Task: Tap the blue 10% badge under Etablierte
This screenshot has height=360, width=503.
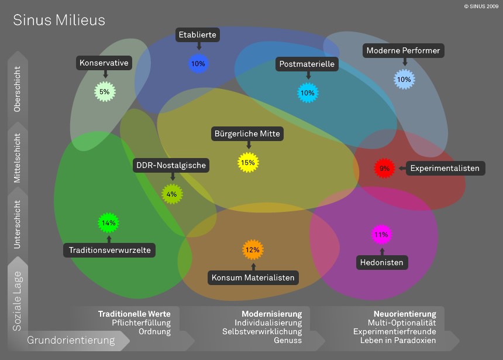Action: [198, 63]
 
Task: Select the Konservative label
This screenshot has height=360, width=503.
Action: [105, 63]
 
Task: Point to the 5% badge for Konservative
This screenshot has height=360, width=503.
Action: [104, 91]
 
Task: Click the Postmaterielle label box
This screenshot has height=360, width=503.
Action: [307, 64]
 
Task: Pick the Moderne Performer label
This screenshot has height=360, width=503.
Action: [403, 51]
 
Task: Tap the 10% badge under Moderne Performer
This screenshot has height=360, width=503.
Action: [404, 79]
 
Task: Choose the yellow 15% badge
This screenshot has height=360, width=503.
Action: [248, 162]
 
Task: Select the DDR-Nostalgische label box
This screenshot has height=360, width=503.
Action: [171, 165]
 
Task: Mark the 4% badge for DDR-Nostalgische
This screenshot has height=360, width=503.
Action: [171, 194]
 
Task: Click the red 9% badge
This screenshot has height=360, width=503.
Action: [384, 168]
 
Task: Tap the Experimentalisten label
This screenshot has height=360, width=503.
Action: [445, 169]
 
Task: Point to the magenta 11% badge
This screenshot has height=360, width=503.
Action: [381, 235]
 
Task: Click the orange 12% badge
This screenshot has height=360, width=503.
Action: [252, 249]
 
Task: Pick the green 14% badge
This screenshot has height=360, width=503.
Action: [108, 222]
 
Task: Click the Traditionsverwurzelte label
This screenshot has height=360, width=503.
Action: [110, 251]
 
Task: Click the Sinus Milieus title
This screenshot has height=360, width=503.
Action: [59, 20]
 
